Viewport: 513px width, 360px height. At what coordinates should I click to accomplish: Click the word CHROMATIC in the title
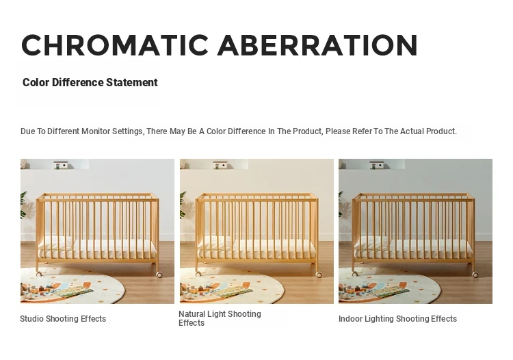(115, 45)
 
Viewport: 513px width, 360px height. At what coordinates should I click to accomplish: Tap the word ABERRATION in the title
(317, 45)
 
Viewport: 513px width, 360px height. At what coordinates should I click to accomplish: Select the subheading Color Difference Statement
(90, 82)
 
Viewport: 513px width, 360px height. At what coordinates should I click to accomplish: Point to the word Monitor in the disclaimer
(96, 131)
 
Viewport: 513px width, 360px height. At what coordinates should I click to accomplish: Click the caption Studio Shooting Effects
(63, 319)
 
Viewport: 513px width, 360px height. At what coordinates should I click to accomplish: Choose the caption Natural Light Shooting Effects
(220, 318)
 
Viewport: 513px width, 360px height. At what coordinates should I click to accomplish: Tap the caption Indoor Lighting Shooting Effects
(397, 319)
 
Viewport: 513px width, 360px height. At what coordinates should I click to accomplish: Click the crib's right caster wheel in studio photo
(159, 274)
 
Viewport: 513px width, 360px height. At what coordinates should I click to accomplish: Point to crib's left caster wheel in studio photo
(39, 274)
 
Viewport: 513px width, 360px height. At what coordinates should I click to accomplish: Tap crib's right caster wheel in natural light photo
(319, 274)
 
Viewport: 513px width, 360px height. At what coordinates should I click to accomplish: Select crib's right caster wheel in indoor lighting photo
(475, 274)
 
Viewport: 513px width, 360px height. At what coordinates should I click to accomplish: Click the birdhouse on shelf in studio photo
(61, 165)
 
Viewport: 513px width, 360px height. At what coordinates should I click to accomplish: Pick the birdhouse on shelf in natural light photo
(220, 165)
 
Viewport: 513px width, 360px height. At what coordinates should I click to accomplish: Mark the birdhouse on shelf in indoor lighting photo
(377, 165)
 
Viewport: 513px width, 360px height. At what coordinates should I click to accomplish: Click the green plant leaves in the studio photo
(23, 205)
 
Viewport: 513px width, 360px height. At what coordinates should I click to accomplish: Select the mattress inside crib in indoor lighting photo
(413, 248)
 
